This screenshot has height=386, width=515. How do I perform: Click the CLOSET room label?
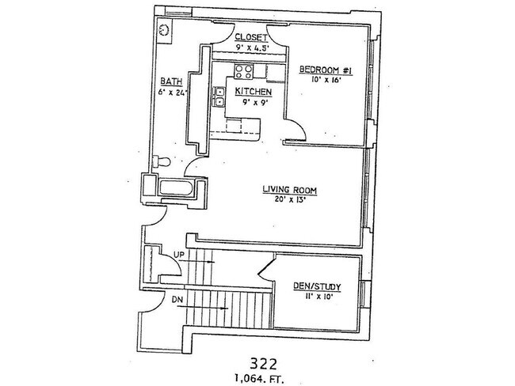point(250,37)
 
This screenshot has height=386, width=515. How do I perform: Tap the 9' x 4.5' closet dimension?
point(250,47)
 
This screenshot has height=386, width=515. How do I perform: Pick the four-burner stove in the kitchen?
point(242,74)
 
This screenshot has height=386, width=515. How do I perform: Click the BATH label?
point(171,81)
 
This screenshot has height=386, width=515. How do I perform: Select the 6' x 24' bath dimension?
point(172,93)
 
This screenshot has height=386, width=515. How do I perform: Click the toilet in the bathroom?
point(162,161)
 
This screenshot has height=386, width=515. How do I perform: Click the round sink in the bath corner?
point(163,30)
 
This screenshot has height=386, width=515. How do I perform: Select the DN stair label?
point(178,300)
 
